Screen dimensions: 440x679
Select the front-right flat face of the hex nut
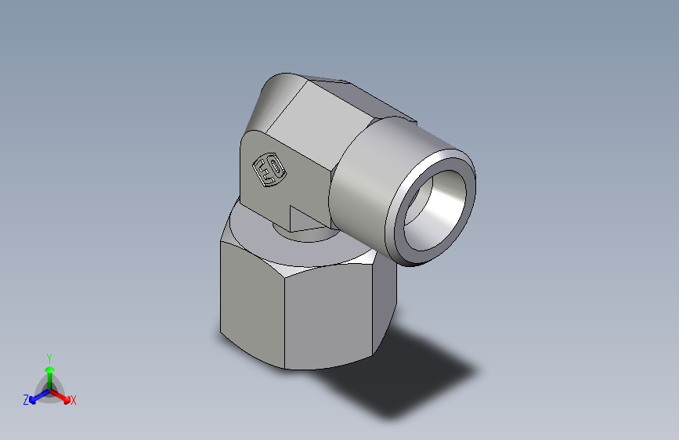(x=337, y=313)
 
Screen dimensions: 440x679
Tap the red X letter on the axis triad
(x=74, y=401)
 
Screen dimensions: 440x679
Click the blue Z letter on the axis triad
(x=26, y=400)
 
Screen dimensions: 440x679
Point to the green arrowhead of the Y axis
(x=49, y=369)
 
